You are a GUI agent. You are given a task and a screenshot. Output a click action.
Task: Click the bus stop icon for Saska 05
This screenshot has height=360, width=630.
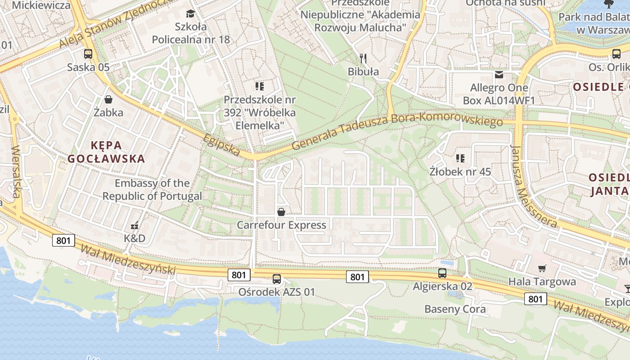88,54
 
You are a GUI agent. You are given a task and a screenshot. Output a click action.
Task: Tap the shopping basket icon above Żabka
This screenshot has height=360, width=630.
108,99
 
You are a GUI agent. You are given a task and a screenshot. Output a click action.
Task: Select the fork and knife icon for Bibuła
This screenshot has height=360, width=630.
364,58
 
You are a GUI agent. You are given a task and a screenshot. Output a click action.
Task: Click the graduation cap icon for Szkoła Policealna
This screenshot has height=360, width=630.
190,13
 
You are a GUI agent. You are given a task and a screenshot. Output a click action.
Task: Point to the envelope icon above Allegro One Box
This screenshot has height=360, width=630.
499,74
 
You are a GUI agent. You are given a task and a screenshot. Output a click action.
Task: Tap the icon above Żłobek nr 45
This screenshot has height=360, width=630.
460,158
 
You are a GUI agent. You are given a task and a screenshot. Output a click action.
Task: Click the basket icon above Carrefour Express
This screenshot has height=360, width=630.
281,211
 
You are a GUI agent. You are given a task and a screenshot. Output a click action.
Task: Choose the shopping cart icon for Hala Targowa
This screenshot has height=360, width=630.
542,268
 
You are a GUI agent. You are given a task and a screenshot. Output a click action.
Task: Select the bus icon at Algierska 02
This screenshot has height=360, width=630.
442,273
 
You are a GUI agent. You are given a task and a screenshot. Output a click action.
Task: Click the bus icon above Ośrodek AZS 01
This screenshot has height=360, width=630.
277,279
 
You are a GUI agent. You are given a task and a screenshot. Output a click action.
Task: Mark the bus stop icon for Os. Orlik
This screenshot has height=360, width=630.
616,54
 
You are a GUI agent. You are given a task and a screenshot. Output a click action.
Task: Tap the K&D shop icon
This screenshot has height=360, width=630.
135,225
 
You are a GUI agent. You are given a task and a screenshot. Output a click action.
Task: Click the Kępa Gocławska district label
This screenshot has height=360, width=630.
106,152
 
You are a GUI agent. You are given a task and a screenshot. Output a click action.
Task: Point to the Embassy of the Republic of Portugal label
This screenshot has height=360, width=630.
152,189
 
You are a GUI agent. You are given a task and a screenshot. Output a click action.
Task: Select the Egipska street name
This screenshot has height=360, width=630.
221,144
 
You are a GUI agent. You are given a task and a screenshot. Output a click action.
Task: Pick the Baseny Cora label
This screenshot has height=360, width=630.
455,309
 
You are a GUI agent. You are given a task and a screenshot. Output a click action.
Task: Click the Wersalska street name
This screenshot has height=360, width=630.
17,171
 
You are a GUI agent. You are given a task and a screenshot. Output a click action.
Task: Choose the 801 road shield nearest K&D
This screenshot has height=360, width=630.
63,240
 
